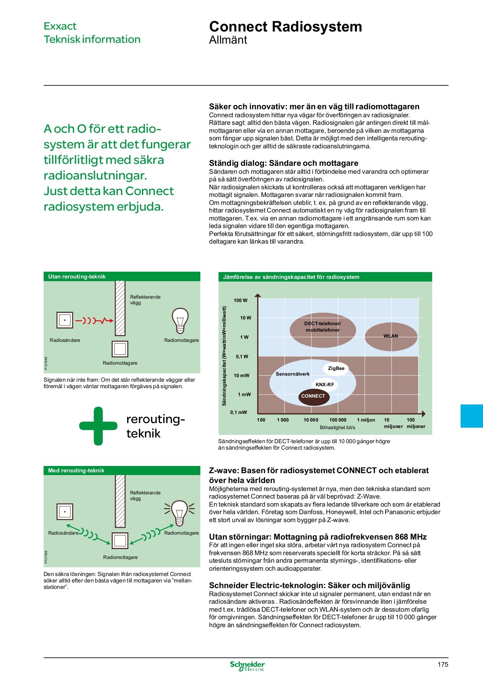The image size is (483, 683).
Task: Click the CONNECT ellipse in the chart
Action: pyautogui.click(x=313, y=397)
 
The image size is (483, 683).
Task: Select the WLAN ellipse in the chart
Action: pyautogui.click(x=391, y=336)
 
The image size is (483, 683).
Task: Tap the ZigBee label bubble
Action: pyautogui.click(x=336, y=368)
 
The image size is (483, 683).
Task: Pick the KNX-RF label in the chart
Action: pyautogui.click(x=325, y=385)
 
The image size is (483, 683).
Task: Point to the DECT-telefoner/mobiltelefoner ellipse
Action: pyautogui.click(x=323, y=327)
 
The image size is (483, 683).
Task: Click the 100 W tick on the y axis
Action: pyautogui.click(x=241, y=301)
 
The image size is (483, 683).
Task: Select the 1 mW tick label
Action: pyautogui.click(x=244, y=395)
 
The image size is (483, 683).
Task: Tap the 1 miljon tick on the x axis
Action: pyautogui.click(x=366, y=420)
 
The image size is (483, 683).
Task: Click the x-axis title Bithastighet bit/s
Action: pyautogui.click(x=337, y=428)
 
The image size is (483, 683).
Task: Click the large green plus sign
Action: pyautogui.click(x=98, y=426)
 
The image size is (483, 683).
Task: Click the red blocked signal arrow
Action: pyautogui.click(x=94, y=321)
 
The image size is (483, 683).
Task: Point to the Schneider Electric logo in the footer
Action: pyautogui.click(x=247, y=666)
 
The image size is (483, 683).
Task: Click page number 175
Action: pyautogui.click(x=442, y=664)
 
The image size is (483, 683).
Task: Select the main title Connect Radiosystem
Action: pyautogui.click(x=285, y=27)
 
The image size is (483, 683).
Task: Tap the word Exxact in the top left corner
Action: pyautogui.click(x=60, y=26)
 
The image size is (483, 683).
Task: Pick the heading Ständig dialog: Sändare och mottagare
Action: pyautogui.click(x=283, y=163)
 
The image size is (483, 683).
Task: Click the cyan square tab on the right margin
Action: pyautogui.click(x=472, y=416)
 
